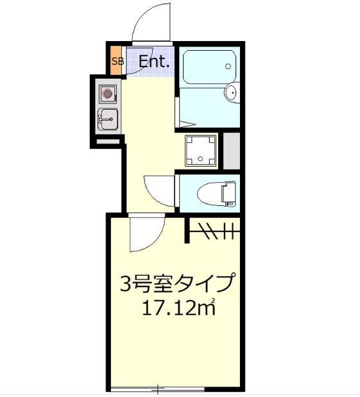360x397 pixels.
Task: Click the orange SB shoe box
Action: (117, 62)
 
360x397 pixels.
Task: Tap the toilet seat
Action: (209, 191)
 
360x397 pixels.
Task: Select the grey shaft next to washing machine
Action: (232, 150)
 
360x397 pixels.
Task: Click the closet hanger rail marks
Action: (215, 228)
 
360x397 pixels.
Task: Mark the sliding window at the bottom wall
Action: (157, 389)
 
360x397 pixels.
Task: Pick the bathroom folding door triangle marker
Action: (187, 122)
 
